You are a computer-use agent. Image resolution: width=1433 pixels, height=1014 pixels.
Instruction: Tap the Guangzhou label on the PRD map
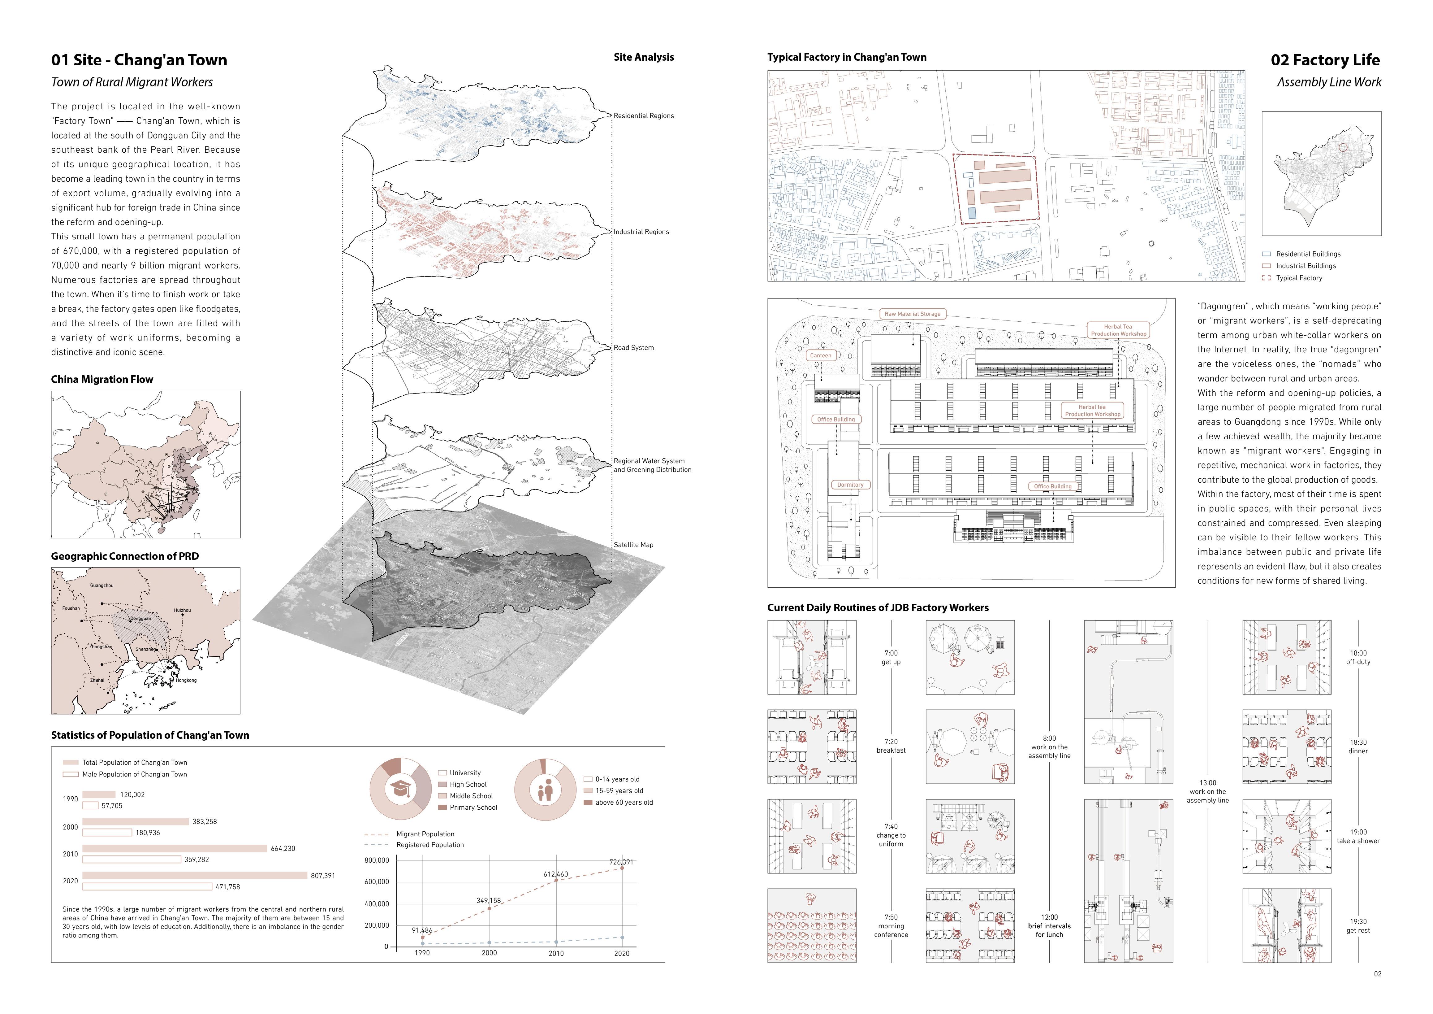point(102,586)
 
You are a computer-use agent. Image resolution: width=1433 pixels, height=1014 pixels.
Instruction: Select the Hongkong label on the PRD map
point(186,680)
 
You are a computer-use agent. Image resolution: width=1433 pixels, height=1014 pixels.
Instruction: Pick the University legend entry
point(465,773)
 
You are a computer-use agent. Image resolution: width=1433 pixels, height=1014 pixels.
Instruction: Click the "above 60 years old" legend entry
point(624,802)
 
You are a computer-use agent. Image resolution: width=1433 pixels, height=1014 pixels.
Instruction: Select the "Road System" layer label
point(633,348)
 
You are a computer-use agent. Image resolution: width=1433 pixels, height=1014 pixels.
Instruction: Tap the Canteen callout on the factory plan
point(821,355)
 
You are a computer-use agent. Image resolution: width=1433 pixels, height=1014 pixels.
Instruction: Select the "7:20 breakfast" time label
point(891,746)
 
